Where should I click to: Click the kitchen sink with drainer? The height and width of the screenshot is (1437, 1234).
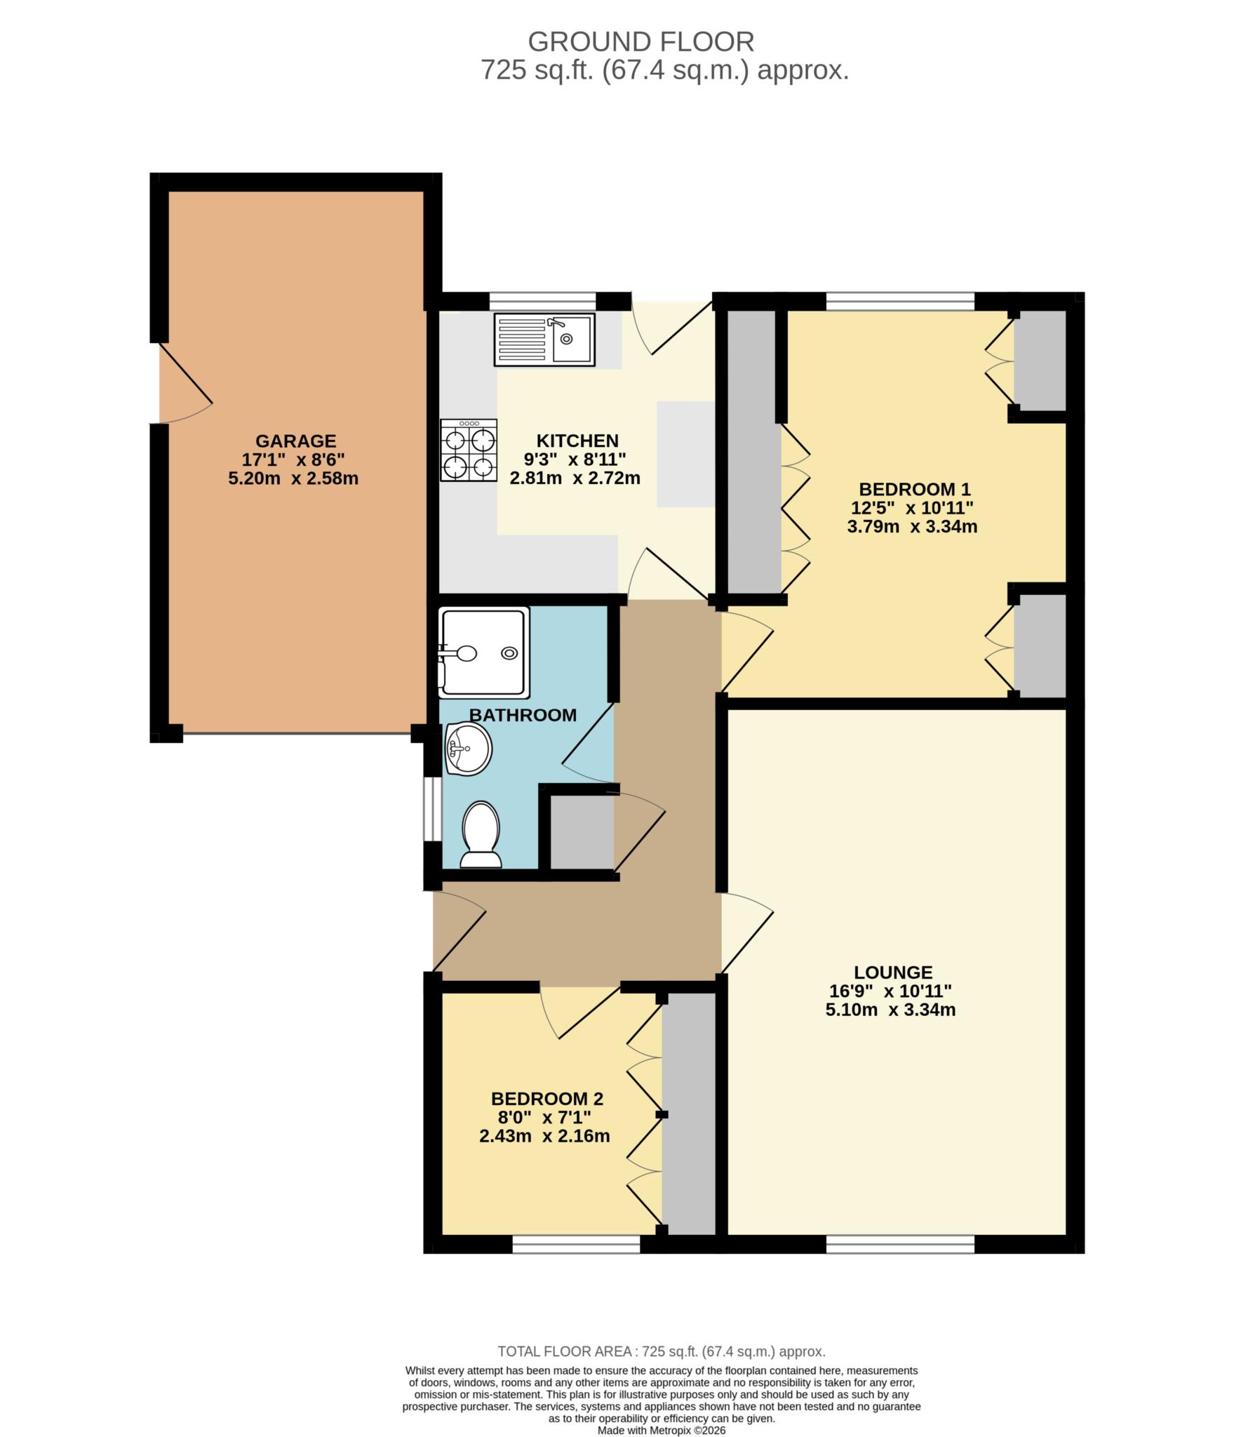click(544, 340)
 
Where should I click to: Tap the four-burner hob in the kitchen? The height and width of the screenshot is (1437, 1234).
click(469, 450)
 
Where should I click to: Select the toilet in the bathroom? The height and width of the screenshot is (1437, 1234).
click(481, 835)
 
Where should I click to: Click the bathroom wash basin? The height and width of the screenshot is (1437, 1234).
click(468, 749)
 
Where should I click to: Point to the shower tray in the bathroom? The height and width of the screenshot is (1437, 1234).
click(484, 653)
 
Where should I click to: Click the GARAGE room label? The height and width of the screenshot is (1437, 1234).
click(295, 441)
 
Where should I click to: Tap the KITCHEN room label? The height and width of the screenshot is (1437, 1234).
click(577, 441)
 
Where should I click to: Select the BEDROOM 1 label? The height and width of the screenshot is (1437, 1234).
click(915, 489)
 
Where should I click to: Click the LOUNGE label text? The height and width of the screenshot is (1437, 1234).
click(893, 973)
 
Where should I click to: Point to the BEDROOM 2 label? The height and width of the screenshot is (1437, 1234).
click(547, 1099)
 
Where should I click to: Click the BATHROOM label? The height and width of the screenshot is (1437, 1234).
click(523, 715)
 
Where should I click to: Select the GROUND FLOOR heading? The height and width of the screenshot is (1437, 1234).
click(641, 42)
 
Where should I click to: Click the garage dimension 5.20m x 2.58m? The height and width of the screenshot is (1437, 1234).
click(293, 479)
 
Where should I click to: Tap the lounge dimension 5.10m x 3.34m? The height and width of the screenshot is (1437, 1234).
click(891, 1010)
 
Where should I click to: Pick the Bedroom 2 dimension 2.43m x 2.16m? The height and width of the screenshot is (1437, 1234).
click(544, 1136)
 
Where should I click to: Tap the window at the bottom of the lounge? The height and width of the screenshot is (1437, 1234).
click(900, 1244)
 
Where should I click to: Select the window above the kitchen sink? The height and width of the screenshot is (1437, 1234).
click(543, 301)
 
